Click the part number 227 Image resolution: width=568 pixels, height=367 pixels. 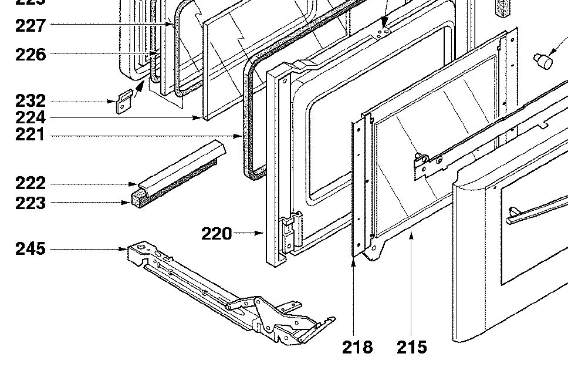(x=31, y=25)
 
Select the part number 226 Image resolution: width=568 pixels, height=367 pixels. (x=31, y=55)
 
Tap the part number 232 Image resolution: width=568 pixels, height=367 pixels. (x=31, y=102)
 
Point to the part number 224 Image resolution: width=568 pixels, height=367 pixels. (x=31, y=119)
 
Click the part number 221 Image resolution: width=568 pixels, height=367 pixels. (x=31, y=136)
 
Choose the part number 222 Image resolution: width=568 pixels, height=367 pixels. (x=31, y=183)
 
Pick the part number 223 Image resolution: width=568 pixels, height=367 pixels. (x=31, y=203)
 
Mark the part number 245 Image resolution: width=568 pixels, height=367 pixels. (x=31, y=249)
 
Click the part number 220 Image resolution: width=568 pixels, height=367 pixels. (x=217, y=234)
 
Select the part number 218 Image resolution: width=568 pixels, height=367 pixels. (x=357, y=347)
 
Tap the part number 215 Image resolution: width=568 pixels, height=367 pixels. (x=411, y=347)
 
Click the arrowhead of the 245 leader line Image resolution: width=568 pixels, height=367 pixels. (x=124, y=250)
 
